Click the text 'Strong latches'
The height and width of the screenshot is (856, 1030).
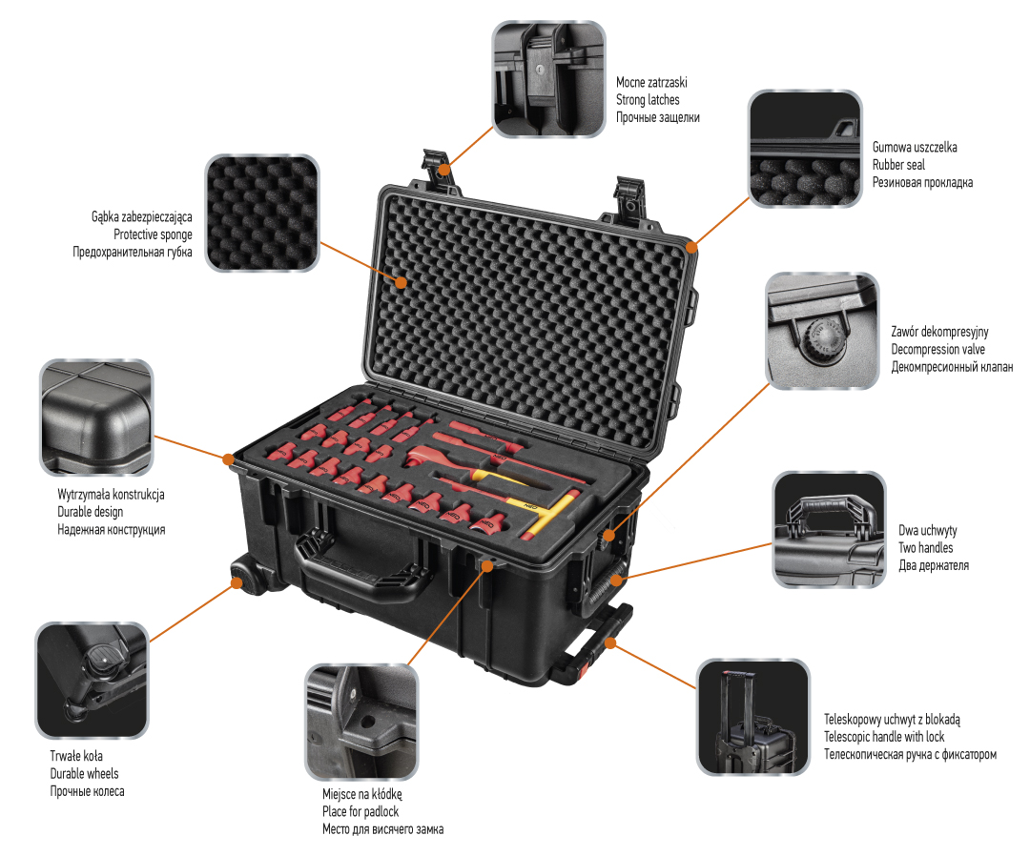pos(648,99)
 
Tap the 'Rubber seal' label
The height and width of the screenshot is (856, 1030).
pos(898,165)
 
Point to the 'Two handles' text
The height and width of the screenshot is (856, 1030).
pos(925,547)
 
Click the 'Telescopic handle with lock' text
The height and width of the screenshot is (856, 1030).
pos(884,737)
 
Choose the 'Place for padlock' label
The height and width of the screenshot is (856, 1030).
pos(360,811)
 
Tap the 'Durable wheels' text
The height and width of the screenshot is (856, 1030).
pos(85,773)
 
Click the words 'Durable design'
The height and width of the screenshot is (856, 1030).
pos(90,512)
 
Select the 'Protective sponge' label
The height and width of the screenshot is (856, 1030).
pos(153,234)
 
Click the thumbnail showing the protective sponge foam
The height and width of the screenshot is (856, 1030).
pos(262,213)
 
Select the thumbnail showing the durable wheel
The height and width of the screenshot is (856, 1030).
pos(93,680)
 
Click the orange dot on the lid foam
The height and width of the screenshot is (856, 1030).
pos(402,283)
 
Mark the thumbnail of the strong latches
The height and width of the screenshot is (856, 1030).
pos(548,77)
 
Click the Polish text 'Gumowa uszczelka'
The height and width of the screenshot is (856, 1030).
pos(915,148)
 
